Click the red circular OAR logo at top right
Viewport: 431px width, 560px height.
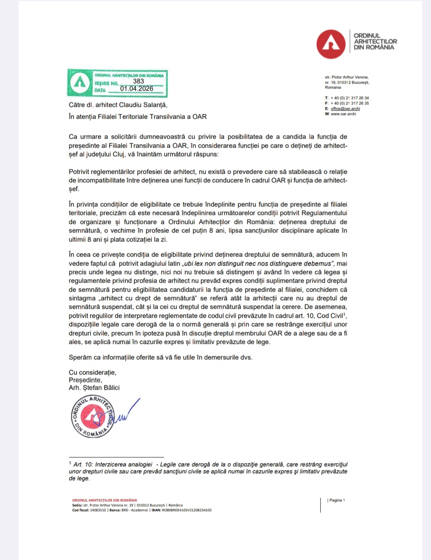click(331, 44)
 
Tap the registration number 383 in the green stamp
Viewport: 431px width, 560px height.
click(138, 81)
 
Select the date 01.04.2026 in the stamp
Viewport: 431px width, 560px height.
click(137, 89)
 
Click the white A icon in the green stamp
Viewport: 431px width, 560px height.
click(80, 83)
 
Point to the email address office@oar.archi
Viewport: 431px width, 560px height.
click(345, 108)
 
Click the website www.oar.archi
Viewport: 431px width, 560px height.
click(343, 114)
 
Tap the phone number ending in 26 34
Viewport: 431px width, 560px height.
click(350, 98)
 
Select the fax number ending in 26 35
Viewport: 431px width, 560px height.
click(350, 103)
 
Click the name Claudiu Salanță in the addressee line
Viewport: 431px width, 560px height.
click(142, 105)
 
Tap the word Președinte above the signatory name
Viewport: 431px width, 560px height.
click(85, 380)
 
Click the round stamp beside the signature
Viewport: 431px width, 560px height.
click(93, 416)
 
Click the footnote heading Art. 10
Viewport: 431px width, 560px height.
click(83, 464)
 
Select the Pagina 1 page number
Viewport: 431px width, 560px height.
click(337, 500)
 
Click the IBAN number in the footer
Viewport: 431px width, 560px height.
click(187, 510)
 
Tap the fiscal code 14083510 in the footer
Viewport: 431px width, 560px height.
click(98, 510)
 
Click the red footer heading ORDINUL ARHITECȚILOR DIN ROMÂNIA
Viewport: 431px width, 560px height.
click(105, 500)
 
